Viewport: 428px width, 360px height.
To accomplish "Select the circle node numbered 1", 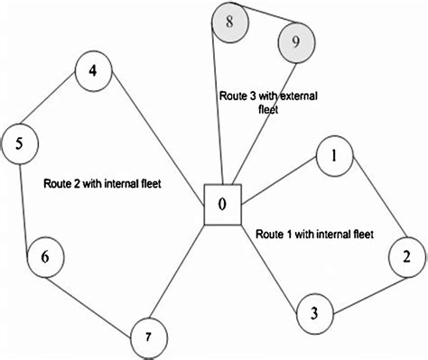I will pyautogui.click(x=334, y=155).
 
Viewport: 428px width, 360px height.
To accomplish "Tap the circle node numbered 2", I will pyautogui.click(x=406, y=257).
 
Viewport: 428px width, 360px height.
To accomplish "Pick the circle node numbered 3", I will pyautogui.click(x=314, y=313).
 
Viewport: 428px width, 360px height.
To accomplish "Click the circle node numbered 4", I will pyautogui.click(x=94, y=72).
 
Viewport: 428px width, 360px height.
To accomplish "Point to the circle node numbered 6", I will pyautogui.click(x=45, y=257).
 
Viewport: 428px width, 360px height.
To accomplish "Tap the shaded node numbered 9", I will pyautogui.click(x=296, y=41).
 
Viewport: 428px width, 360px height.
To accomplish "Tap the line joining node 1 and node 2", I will pyautogui.click(x=372, y=203).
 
